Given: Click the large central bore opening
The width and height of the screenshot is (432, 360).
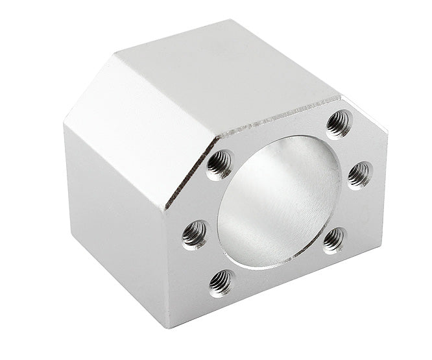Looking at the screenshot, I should click(x=279, y=201).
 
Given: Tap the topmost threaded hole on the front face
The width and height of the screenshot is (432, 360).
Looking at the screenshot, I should click(x=338, y=123).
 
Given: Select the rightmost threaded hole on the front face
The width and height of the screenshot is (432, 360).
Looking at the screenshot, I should click(x=359, y=173).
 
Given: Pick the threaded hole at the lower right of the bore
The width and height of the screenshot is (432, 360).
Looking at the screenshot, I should click(x=334, y=239).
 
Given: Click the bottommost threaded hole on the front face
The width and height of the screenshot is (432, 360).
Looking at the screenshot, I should click(x=221, y=283).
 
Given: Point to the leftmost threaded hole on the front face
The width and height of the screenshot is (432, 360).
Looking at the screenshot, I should click(x=195, y=234).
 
